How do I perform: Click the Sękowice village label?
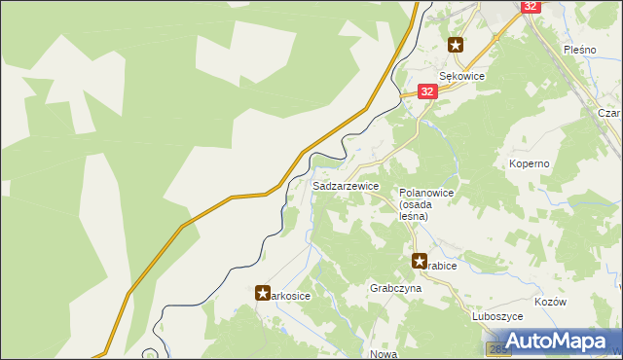tap(461, 76)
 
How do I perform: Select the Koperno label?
tap(530, 163)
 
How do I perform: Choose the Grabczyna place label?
tap(394, 289)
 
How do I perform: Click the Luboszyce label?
tap(497, 316)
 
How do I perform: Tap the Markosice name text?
tap(290, 296)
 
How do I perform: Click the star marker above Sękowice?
tap(456, 44)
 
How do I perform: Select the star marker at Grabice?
tap(420, 261)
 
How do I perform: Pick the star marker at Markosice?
tap(263, 292)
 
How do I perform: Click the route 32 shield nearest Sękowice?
tap(426, 90)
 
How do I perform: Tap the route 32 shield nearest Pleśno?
tap(530, 6)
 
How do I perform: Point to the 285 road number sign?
tap(494, 348)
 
